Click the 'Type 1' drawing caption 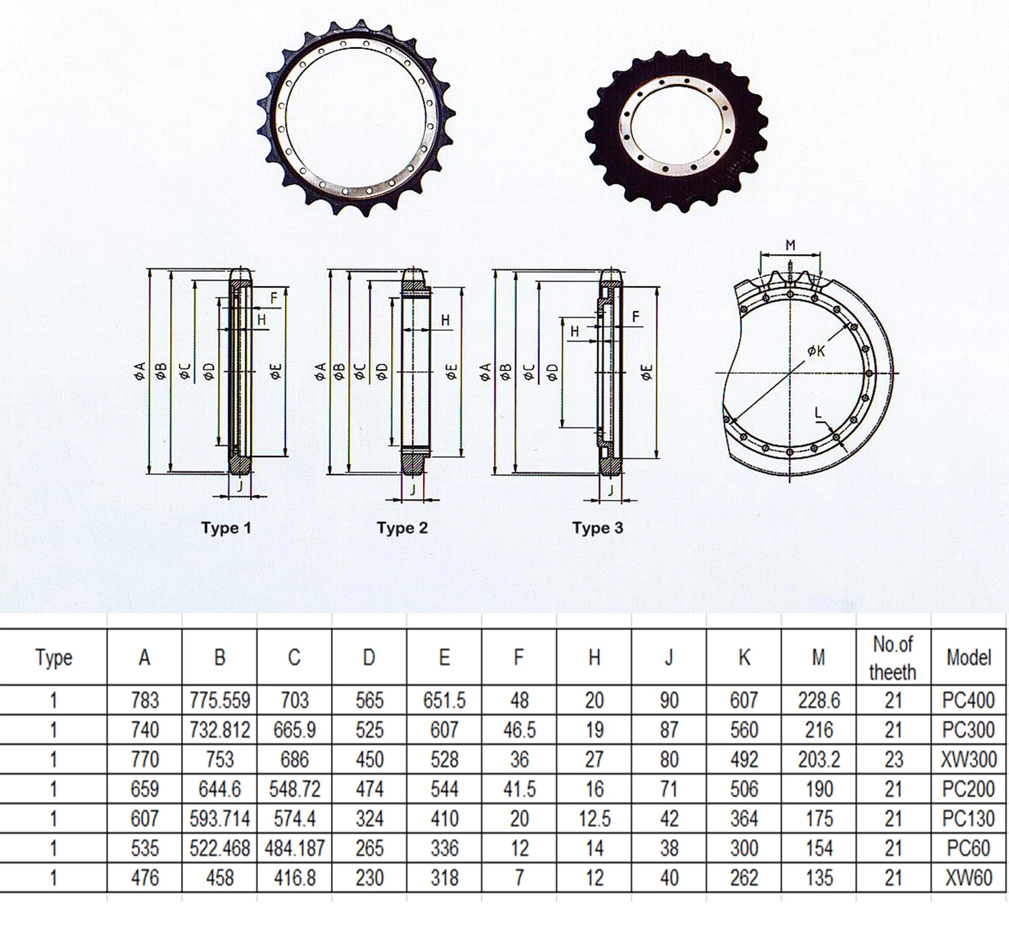click(226, 528)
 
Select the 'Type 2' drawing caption click(402, 528)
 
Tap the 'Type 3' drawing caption click(597, 528)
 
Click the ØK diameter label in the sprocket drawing click(816, 350)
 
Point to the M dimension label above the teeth click(790, 245)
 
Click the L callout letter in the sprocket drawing click(818, 414)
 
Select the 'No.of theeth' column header click(893, 658)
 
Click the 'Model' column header click(969, 657)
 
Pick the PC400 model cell click(969, 700)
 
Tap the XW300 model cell click(969, 759)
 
